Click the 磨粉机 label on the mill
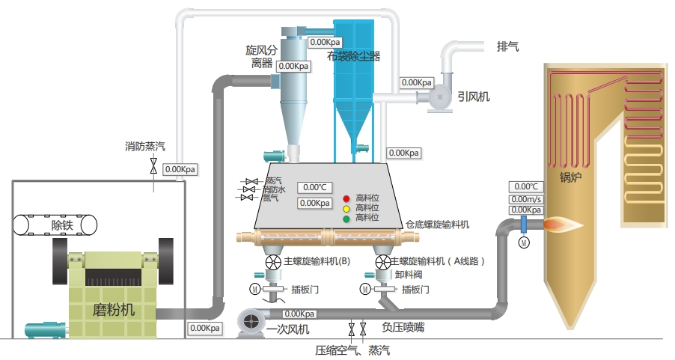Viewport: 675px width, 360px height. [114, 310]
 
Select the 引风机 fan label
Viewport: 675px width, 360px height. [474, 96]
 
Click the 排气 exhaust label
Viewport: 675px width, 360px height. [508, 46]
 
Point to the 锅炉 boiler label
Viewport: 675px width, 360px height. [571, 178]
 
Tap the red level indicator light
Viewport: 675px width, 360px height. [346, 198]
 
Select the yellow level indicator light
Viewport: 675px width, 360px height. [346, 209]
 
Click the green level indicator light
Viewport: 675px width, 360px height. [346, 219]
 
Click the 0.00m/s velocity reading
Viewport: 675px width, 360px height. [525, 199]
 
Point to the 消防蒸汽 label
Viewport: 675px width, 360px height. [145, 147]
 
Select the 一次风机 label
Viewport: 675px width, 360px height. [288, 329]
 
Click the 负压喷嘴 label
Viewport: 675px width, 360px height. [402, 327]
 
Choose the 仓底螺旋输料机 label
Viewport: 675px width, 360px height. [437, 224]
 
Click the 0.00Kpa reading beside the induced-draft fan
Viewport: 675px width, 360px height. [417, 82]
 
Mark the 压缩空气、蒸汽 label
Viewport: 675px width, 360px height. [352, 350]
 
